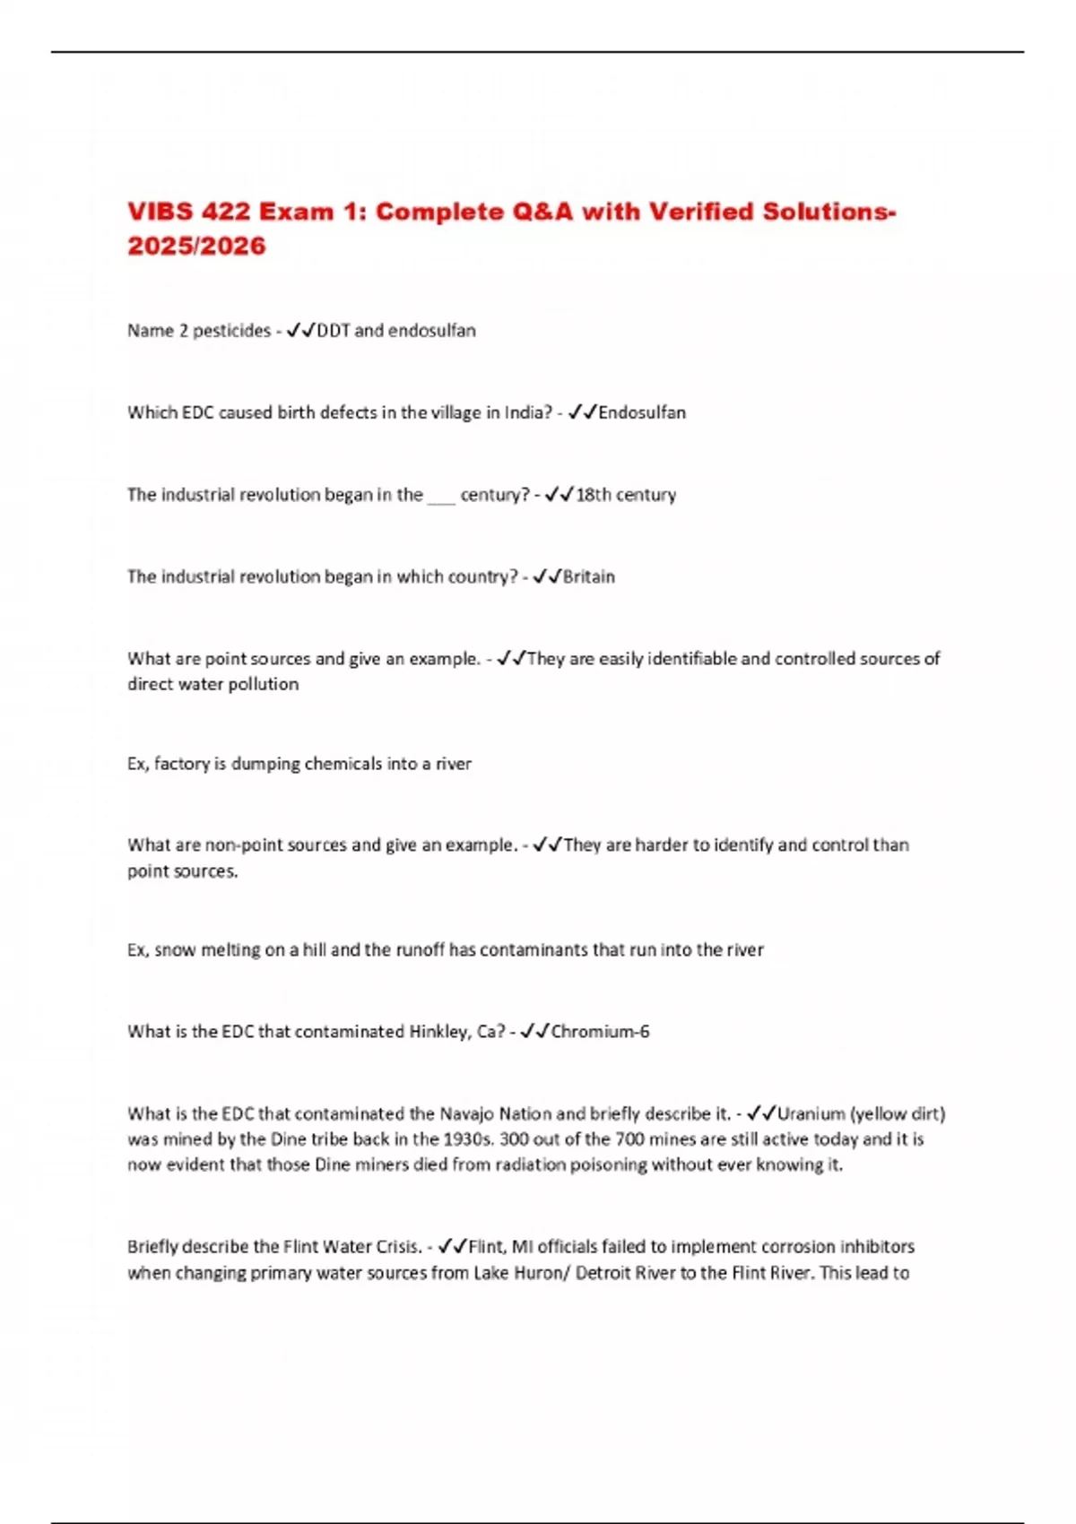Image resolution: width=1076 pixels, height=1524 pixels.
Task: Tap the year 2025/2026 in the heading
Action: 196,246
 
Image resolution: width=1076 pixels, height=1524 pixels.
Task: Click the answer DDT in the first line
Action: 334,331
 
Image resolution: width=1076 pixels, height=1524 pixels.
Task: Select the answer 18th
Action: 593,495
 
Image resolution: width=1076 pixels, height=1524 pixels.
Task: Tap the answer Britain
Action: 588,576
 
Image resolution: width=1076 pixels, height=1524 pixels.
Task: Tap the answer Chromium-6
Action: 600,1032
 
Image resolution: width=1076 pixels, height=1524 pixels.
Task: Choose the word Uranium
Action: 811,1114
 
